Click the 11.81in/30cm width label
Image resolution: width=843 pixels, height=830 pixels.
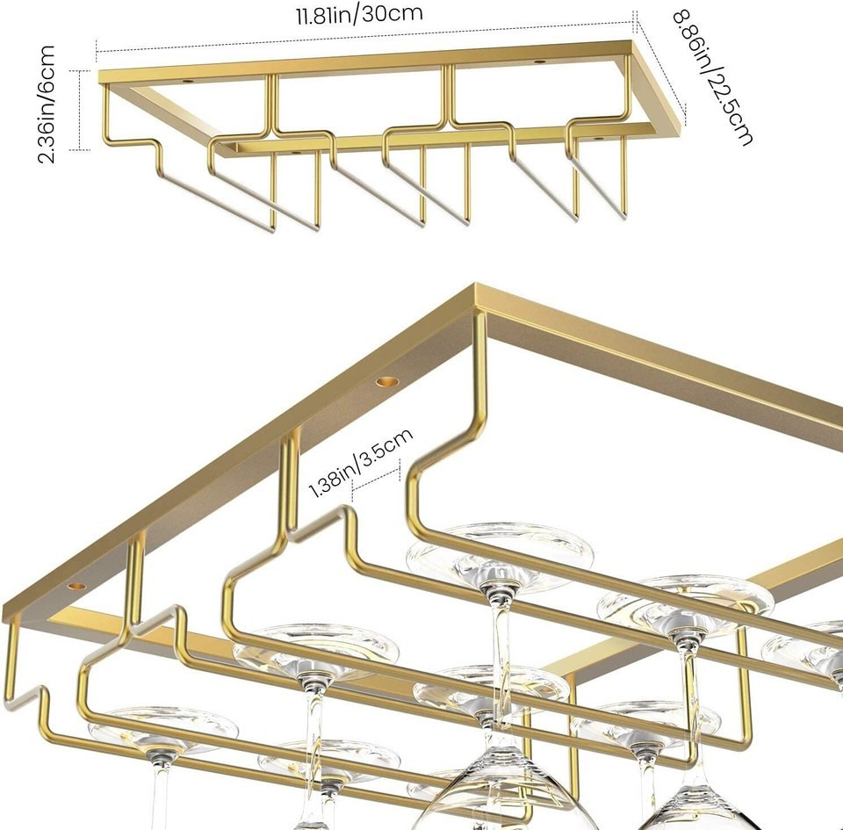pos(359,13)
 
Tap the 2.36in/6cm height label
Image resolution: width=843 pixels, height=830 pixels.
pos(47,105)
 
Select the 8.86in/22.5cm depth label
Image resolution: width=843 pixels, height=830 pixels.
pos(712,77)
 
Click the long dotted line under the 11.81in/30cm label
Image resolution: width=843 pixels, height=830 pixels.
pos(365,37)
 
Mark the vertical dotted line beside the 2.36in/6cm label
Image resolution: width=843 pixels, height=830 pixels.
pos(81,110)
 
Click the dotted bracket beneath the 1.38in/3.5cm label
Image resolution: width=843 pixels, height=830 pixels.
pos(376,477)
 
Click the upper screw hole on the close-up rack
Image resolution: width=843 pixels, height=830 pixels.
pos(386,382)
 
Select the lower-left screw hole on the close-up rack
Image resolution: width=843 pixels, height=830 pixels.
pos(76,586)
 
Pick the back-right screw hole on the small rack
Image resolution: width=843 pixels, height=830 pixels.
pos(538,62)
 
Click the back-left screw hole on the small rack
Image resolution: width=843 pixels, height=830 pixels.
pos(188,81)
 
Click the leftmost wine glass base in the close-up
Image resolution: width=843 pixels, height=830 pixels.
pos(163,729)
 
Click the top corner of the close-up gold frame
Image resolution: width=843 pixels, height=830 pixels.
pos(475,285)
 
